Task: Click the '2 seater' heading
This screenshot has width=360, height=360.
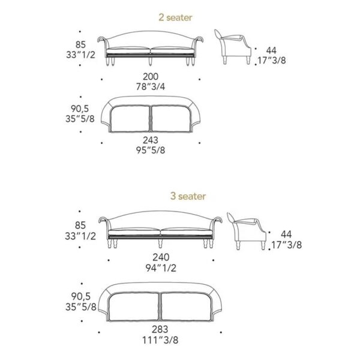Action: point(175,17)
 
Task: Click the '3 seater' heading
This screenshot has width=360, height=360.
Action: point(188,196)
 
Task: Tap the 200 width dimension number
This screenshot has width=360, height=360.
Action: point(151,76)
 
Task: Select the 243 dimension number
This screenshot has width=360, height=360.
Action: point(151,140)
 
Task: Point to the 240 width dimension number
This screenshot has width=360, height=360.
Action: point(161,257)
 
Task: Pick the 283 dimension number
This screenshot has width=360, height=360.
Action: point(160,329)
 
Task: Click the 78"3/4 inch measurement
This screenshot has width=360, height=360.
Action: point(151,87)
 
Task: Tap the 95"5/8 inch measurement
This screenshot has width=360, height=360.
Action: point(151,151)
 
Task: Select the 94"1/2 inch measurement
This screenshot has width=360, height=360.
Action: point(161,268)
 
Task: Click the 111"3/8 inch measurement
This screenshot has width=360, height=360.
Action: point(160,340)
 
